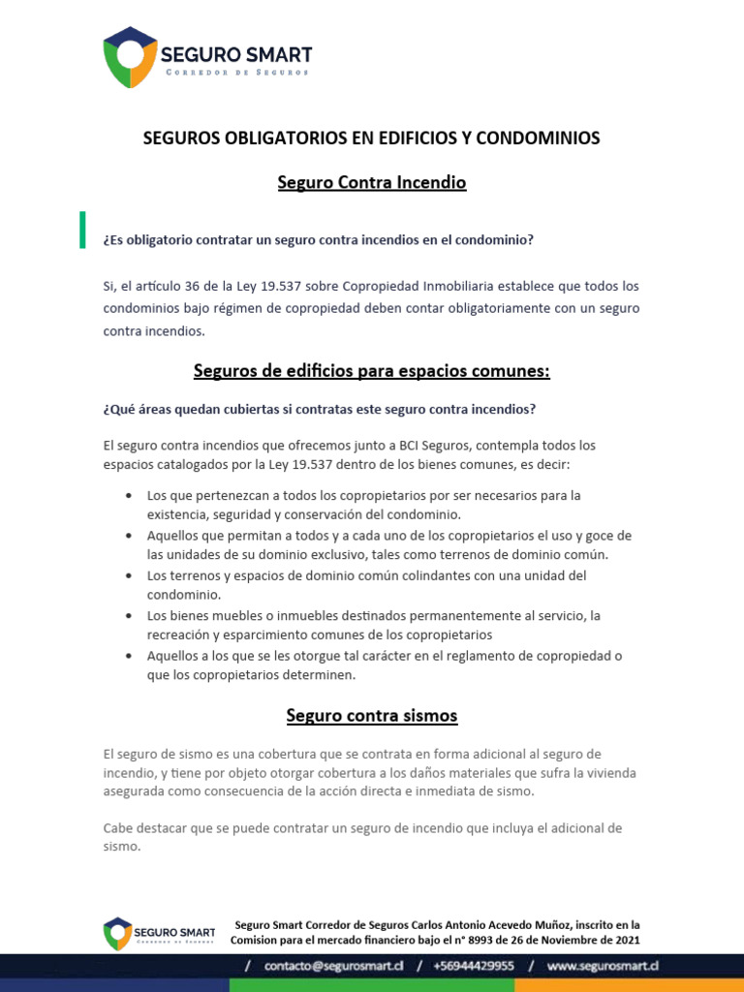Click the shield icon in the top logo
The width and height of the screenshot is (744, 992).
131,57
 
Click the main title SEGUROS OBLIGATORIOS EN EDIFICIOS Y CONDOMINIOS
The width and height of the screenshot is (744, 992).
372,139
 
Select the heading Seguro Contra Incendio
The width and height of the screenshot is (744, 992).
372,182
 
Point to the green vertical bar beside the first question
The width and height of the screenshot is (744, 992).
82,230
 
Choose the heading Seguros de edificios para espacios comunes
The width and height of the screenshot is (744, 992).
372,371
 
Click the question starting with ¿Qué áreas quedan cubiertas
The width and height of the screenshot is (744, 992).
319,410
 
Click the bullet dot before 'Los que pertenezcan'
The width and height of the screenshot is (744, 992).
130,496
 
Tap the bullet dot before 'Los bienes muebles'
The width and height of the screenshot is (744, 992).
130,616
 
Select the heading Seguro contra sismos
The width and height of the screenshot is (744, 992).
372,716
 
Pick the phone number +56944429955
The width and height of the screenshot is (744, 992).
474,966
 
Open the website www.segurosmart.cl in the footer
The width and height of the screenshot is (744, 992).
603,966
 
